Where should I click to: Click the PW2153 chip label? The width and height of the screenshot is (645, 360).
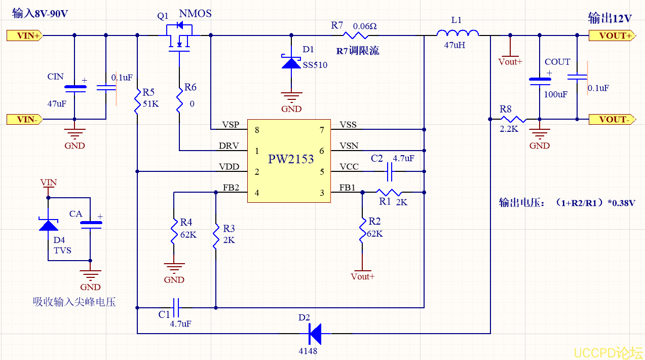pos(291,159)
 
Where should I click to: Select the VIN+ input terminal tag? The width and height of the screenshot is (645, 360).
pos(24,35)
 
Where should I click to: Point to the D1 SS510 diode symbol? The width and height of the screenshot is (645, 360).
pos(291,62)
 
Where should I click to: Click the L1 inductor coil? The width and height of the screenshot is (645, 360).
pos(458,34)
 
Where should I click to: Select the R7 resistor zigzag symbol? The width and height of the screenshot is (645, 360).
pos(357,35)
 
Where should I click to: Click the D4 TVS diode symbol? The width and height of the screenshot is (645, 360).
pos(49,225)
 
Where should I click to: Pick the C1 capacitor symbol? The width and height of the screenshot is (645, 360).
pos(176,307)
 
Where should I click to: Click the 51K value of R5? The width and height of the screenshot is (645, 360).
pos(151,104)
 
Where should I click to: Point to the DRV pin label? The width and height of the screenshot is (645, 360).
pos(229,146)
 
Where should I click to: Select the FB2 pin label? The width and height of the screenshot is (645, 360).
pos(231,188)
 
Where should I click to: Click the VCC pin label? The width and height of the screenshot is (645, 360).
pos(348,166)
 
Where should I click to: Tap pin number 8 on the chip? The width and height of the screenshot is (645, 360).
pos(257,130)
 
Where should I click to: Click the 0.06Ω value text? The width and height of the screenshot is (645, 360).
pos(365,25)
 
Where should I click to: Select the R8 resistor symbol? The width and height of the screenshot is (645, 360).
pos(512,120)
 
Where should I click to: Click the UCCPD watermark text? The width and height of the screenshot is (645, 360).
pos(608,353)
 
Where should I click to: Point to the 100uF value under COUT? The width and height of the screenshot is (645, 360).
pos(555,95)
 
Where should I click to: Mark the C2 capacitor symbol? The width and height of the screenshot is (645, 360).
pos(390,172)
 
